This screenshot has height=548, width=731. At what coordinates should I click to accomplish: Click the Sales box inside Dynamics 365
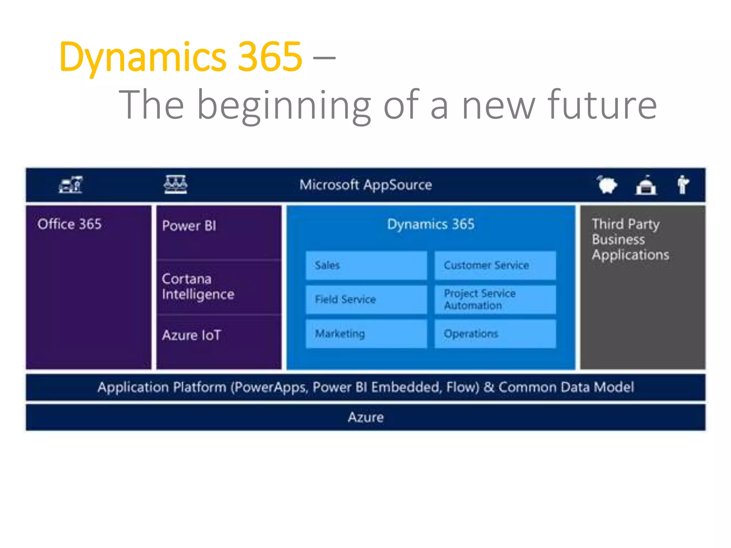click(366, 265)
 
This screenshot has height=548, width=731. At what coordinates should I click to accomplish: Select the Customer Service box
click(495, 265)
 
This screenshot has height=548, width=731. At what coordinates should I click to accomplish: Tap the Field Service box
click(366, 299)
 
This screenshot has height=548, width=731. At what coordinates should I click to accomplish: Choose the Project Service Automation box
click(495, 299)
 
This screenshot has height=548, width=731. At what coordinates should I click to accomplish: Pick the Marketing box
click(366, 334)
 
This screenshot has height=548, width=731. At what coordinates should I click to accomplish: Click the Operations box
click(495, 334)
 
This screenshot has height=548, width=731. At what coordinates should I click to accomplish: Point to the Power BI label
click(189, 226)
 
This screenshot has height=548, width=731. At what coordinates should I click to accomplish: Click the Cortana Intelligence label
click(198, 286)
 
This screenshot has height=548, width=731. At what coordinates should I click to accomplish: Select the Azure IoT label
click(192, 335)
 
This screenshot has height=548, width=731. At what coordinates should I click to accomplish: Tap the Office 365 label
click(70, 224)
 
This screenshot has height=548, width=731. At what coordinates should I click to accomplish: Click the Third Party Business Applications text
click(630, 239)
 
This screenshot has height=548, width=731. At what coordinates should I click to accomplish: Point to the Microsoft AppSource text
click(365, 185)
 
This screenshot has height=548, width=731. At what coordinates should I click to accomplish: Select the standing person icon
click(683, 185)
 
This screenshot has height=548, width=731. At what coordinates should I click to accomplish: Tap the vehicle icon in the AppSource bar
click(71, 185)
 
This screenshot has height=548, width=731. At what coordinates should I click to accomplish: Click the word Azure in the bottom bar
click(365, 417)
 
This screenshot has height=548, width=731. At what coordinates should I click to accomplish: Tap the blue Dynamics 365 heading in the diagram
click(431, 224)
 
